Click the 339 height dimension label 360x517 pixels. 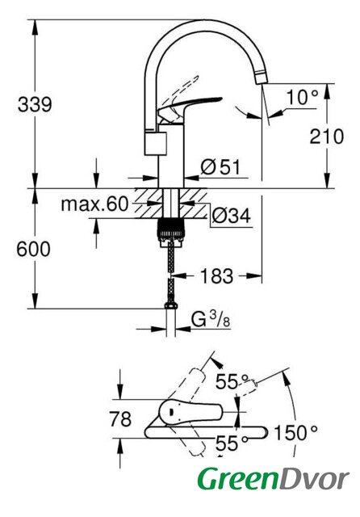point(35,104)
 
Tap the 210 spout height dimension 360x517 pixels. point(326,137)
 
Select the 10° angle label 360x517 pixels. point(302,97)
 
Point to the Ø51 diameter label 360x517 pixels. point(220,166)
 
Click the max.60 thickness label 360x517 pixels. point(94,204)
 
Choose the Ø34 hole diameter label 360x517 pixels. point(231,216)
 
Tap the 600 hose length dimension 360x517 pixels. point(34,249)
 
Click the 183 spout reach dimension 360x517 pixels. point(217,275)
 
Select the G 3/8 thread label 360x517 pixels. point(211,319)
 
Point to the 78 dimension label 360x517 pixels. point(120,419)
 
